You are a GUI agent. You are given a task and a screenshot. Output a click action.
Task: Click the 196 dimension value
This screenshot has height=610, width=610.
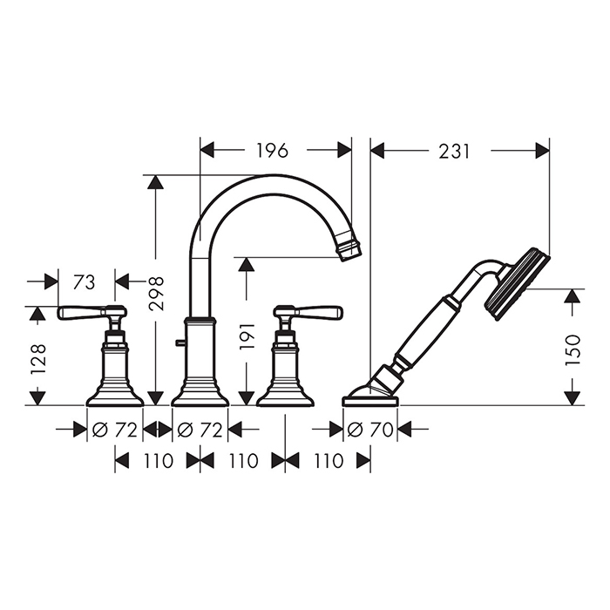272,151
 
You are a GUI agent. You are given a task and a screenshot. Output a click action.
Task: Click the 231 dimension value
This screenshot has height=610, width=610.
454,152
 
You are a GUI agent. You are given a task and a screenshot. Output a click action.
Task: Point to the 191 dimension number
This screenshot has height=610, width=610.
247,335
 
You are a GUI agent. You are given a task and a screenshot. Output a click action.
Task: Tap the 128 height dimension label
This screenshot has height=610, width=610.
38,359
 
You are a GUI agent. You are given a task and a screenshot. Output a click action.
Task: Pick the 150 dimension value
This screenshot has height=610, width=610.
573,349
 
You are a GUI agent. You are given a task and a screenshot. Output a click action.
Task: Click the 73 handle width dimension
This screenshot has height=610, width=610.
84,282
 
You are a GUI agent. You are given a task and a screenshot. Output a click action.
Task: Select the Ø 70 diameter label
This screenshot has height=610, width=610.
370,430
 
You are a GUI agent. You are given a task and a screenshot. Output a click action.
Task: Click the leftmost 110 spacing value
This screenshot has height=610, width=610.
158,461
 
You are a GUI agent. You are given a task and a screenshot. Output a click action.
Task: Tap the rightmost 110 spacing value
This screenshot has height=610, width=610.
328,461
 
